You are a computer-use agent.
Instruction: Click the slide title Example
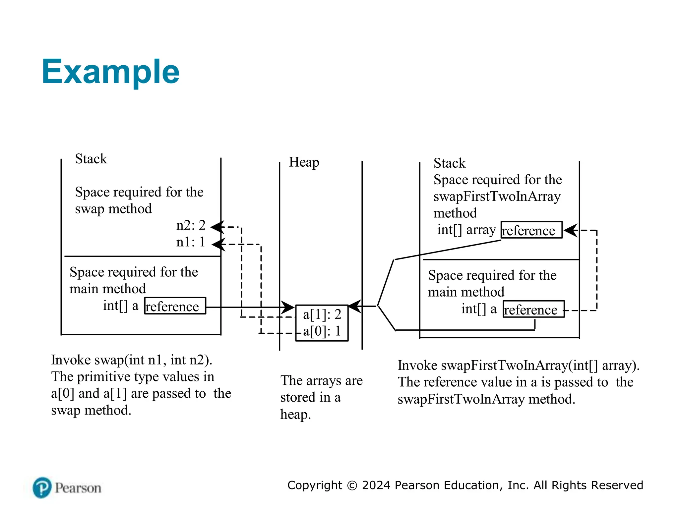110,72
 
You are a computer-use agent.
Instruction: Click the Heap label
304,162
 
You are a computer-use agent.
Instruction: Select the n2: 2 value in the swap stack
191,225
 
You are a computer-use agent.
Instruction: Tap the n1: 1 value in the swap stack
191,242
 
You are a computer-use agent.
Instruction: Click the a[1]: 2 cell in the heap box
322,314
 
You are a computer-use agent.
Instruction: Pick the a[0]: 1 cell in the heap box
322,331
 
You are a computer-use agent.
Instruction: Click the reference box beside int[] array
531,230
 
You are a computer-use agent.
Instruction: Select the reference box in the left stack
175,306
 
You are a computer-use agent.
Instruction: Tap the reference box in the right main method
533,309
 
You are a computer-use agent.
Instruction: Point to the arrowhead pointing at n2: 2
217,227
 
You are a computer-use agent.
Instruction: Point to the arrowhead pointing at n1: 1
218,245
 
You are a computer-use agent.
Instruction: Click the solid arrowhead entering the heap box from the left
288,307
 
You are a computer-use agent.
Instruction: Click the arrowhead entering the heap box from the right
355,306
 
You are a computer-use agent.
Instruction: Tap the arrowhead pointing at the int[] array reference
570,230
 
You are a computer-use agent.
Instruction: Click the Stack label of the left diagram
91,159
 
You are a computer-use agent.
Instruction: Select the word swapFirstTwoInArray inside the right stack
497,196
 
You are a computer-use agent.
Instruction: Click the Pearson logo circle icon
42,487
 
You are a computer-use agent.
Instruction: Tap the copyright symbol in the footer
352,485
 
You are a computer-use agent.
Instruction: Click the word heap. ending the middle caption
295,414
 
